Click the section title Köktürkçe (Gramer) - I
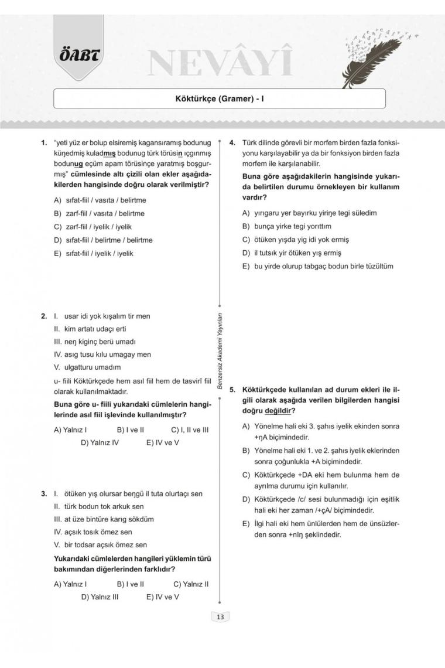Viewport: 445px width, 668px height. click(x=220, y=99)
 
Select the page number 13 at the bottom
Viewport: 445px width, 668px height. click(x=220, y=616)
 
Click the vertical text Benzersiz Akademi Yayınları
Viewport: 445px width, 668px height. click(x=219, y=350)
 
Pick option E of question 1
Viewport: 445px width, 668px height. click(x=94, y=253)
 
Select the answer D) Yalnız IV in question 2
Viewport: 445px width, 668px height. click(x=100, y=443)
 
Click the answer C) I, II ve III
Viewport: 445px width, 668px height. click(x=190, y=430)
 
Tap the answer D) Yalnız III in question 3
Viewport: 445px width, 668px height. click(x=100, y=597)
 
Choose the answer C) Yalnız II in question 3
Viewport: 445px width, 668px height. click(x=191, y=584)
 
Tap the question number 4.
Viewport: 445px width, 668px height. click(x=232, y=142)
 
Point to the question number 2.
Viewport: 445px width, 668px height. click(x=44, y=316)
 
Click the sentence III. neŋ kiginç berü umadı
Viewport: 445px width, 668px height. click(x=95, y=342)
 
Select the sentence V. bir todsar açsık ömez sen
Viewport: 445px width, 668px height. click(x=100, y=545)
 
